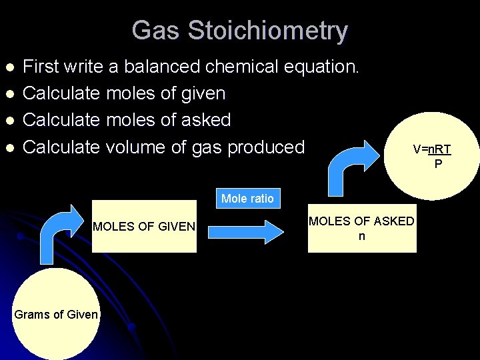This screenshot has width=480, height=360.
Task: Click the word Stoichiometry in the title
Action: pyautogui.click(x=268, y=31)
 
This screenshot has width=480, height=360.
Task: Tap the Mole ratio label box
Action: pyautogui.click(x=247, y=199)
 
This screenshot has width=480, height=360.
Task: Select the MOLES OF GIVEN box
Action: pyautogui.click(x=144, y=227)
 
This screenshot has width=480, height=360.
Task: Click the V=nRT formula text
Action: pyautogui.click(x=431, y=150)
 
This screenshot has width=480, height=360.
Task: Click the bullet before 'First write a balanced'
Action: pyautogui.click(x=9, y=67)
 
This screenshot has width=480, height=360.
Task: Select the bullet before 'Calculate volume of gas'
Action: pyautogui.click(x=9, y=147)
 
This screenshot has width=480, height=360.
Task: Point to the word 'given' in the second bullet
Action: pyautogui.click(x=202, y=93)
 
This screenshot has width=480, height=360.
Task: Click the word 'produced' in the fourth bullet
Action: pyautogui.click(x=266, y=147)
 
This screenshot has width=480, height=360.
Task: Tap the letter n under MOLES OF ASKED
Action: pyautogui.click(x=361, y=236)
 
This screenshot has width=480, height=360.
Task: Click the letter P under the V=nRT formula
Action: pyautogui.click(x=438, y=163)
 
